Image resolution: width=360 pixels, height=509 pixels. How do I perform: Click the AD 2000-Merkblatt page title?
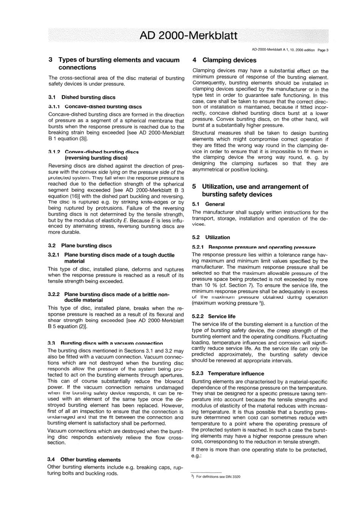pos(188,36)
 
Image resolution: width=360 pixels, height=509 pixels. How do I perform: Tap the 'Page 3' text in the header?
pos(323,50)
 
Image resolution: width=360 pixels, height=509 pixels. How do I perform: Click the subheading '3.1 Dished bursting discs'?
pos(82,97)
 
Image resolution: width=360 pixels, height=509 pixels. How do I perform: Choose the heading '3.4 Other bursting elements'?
pos(84,459)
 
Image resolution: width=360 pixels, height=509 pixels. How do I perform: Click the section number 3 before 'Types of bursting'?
pos(51,60)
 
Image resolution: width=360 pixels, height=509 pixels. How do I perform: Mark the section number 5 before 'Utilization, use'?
pos(194,186)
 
